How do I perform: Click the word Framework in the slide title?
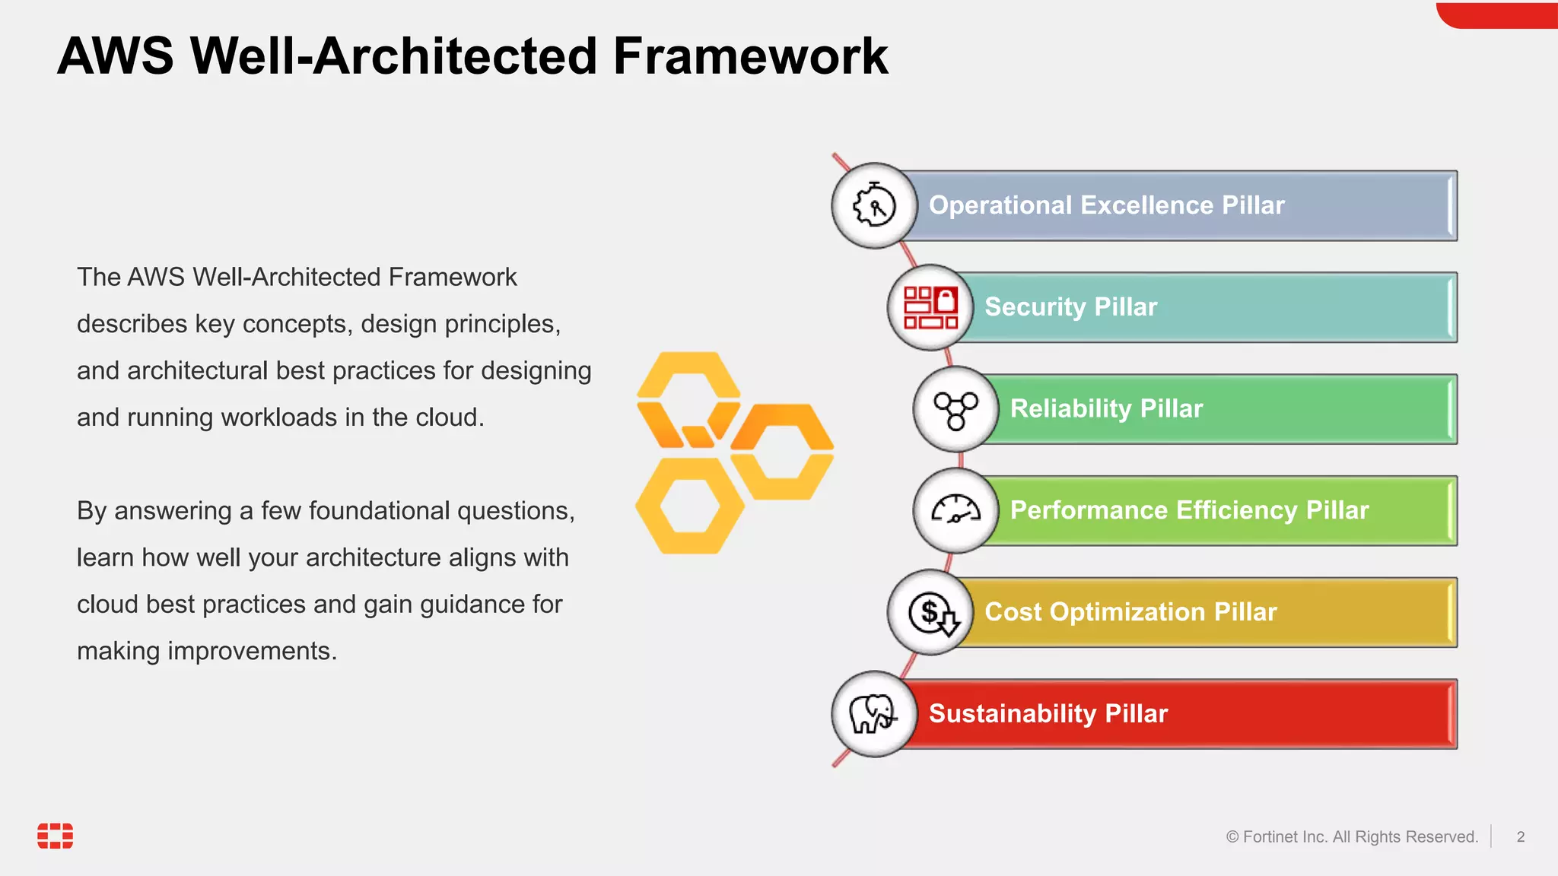click(x=750, y=56)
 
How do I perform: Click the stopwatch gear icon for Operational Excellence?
click(x=874, y=205)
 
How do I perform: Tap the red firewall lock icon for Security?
click(x=930, y=307)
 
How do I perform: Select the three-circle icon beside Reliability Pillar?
click(x=956, y=410)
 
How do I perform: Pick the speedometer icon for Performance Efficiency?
click(x=956, y=510)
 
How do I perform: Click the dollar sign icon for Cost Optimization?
click(x=930, y=612)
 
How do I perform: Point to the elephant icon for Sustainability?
click(x=874, y=713)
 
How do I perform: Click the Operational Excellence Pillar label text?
click(x=1106, y=205)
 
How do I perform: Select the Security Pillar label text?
click(x=1070, y=307)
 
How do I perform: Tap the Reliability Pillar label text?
click(x=1106, y=409)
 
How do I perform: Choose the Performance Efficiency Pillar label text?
click(x=1189, y=510)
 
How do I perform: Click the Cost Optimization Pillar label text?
click(x=1130, y=612)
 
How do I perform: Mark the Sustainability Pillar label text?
click(x=1048, y=714)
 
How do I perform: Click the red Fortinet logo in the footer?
click(x=56, y=835)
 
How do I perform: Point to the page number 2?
click(x=1520, y=836)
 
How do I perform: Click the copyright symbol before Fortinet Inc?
click(x=1232, y=837)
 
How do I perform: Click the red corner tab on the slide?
click(x=1497, y=15)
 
